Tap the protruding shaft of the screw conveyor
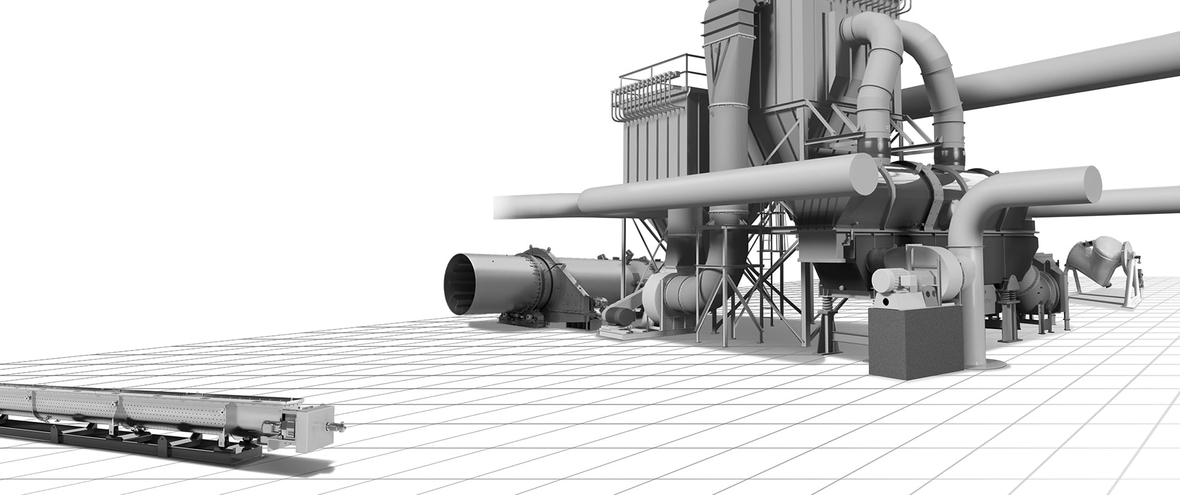pos(337,426)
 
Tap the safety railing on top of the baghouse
pos(661,71)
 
